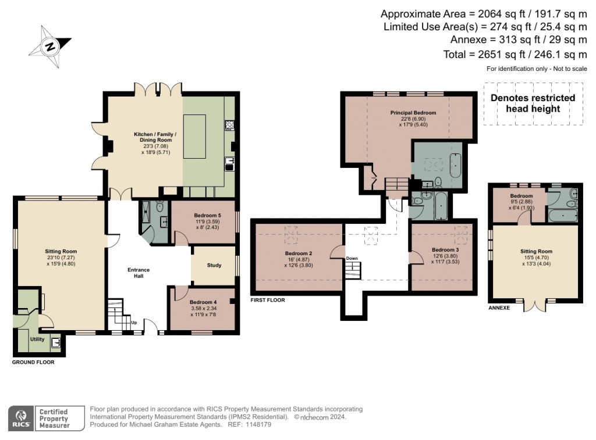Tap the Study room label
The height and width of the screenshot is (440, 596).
point(214,266)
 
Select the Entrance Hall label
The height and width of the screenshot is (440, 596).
point(139,273)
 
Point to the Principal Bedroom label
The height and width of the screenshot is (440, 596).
point(413,113)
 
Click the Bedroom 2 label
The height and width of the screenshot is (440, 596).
point(299,253)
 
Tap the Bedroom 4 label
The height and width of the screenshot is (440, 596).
point(203,302)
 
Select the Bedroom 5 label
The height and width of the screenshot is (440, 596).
point(207,215)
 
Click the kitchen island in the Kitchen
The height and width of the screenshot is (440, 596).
point(195,136)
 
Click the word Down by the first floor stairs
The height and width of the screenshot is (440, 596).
point(352,258)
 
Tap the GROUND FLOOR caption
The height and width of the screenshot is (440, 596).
point(33,362)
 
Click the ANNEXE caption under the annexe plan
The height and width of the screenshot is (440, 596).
point(499,307)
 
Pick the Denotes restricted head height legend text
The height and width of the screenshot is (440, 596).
point(533,103)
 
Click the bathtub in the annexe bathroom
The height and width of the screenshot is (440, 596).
point(563,216)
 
